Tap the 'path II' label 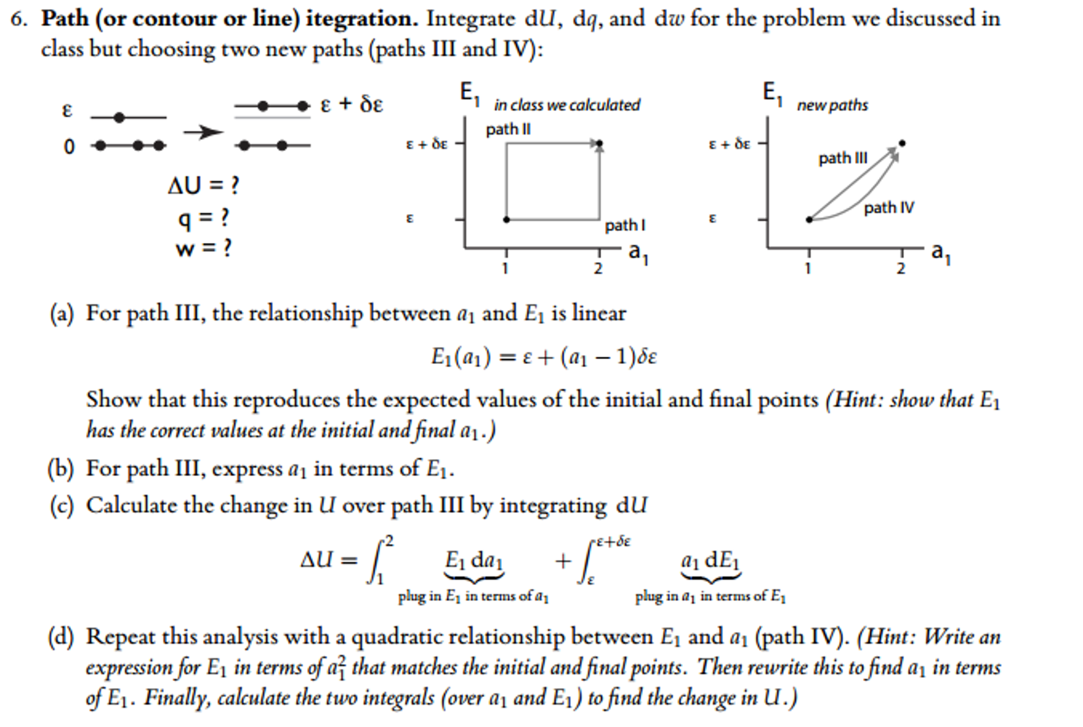508,129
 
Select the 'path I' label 625,225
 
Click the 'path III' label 843,158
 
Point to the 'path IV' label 889,207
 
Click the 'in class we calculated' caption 567,105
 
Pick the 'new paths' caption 833,105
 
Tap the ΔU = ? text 203,186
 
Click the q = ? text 203,217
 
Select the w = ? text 203,248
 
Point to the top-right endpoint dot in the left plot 599,143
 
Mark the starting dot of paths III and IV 809,220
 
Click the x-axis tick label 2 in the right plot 901,268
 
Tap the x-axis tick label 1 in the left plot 506,268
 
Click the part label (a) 61,314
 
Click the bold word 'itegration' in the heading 362,20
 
